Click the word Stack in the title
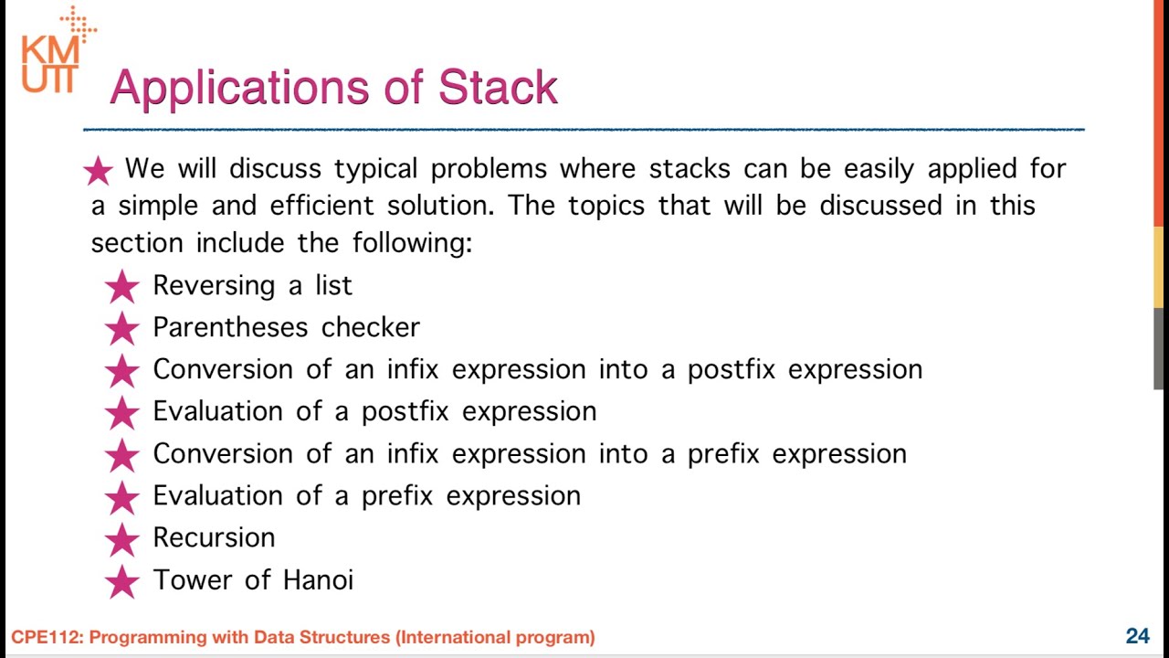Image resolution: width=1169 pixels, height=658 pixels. pyautogui.click(x=498, y=88)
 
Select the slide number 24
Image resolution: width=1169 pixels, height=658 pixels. pyautogui.click(x=1137, y=636)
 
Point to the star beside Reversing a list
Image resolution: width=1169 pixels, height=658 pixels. pyautogui.click(x=121, y=286)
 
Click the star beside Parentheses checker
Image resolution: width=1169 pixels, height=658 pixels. pyautogui.click(x=121, y=328)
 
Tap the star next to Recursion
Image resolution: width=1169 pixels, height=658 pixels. pyautogui.click(x=121, y=538)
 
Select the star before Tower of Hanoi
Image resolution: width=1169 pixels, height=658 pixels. pyautogui.click(x=121, y=580)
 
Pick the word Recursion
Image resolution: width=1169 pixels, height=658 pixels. pyautogui.click(x=214, y=537)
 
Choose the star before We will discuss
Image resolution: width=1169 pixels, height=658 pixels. pyautogui.click(x=98, y=170)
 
